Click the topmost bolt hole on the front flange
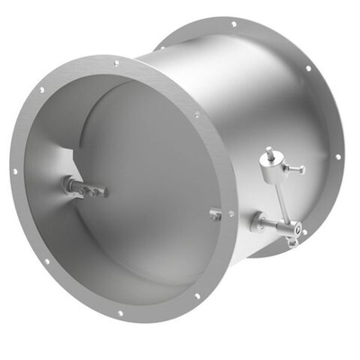[115, 63]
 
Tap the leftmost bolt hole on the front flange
[14, 171]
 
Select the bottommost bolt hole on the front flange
[120, 314]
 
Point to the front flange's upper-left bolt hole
[40, 90]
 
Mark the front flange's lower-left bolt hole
[45, 262]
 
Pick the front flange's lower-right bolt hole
[198, 295]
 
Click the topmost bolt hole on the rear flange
[234, 24]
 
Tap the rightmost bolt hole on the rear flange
[339, 157]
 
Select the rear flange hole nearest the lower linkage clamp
[304, 232]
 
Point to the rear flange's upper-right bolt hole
[308, 68]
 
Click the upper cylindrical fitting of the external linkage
[268, 161]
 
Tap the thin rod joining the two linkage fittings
[278, 193]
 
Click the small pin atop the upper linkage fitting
[266, 151]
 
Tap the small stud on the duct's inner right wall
[215, 215]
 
